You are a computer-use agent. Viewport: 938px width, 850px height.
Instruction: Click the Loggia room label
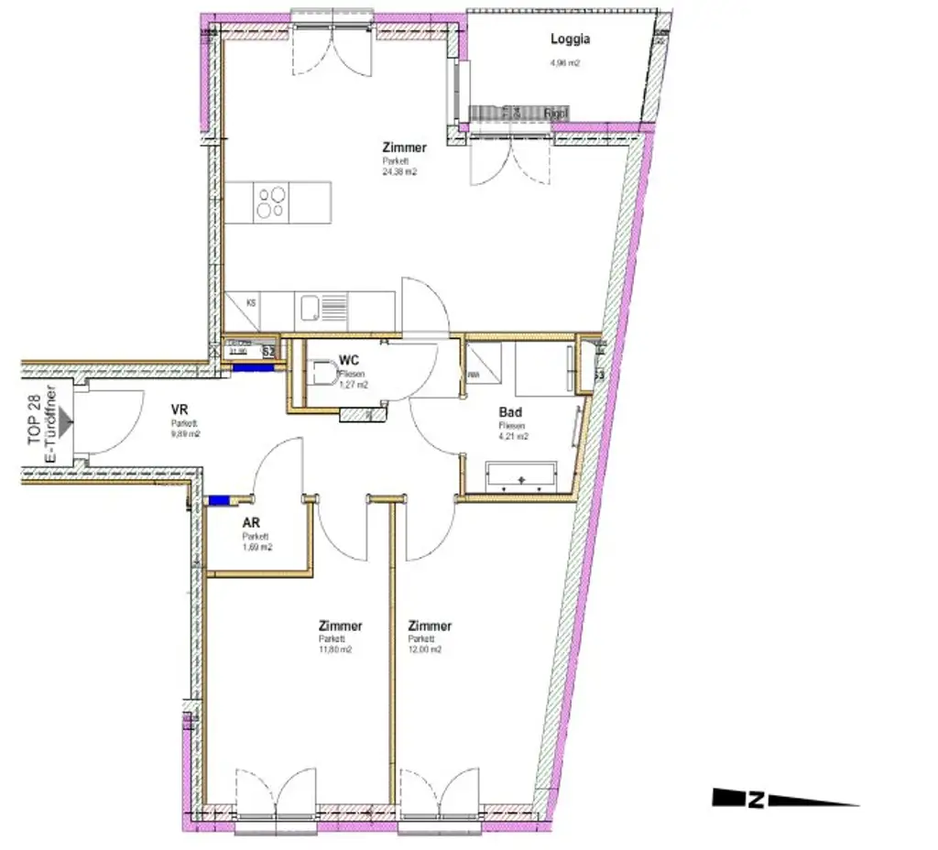(x=570, y=39)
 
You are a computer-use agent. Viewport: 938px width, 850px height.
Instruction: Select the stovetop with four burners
(x=270, y=202)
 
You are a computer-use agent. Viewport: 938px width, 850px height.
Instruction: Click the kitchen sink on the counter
(x=312, y=309)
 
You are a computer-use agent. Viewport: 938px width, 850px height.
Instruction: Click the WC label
(x=348, y=360)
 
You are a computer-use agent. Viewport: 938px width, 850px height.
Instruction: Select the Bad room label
(x=510, y=413)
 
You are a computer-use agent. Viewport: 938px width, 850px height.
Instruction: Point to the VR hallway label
(x=180, y=410)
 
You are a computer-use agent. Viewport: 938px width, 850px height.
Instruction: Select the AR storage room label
(x=250, y=523)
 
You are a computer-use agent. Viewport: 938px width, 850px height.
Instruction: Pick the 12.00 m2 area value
(x=425, y=649)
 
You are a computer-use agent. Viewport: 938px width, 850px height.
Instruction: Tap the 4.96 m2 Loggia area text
(x=565, y=63)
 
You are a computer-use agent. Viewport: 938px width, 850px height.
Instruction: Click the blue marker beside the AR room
(x=220, y=500)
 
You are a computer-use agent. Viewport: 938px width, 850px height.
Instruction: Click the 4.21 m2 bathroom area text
(x=513, y=437)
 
